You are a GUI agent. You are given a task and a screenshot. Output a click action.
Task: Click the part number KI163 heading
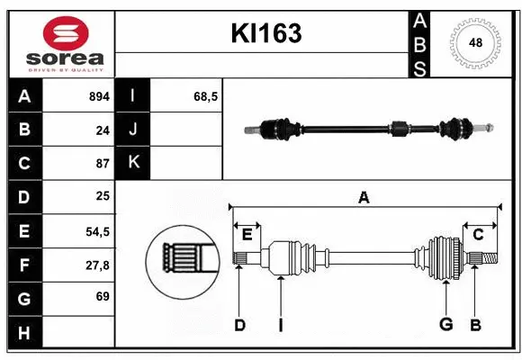coord(265,33)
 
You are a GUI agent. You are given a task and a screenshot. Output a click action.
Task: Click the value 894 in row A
coord(96,95)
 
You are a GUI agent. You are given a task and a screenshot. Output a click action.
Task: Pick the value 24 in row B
coord(102,130)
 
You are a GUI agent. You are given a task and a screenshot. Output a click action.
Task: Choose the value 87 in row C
coord(102,164)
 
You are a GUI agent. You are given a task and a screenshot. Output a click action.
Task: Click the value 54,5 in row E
coord(96,231)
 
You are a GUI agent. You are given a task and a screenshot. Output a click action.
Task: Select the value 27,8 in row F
coord(96,265)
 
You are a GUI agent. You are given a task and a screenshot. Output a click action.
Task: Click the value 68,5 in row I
coord(205,95)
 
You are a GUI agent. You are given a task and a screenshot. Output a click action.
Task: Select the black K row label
coord(133,163)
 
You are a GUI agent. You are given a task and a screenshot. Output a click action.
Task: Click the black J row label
coord(133,130)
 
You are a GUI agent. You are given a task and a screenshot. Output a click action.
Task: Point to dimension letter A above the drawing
coord(364,197)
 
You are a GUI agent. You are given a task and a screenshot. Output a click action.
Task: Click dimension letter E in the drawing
coord(247,235)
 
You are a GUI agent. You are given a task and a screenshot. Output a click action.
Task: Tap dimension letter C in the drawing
coord(478,235)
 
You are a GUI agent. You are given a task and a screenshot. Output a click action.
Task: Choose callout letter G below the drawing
coord(445,325)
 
